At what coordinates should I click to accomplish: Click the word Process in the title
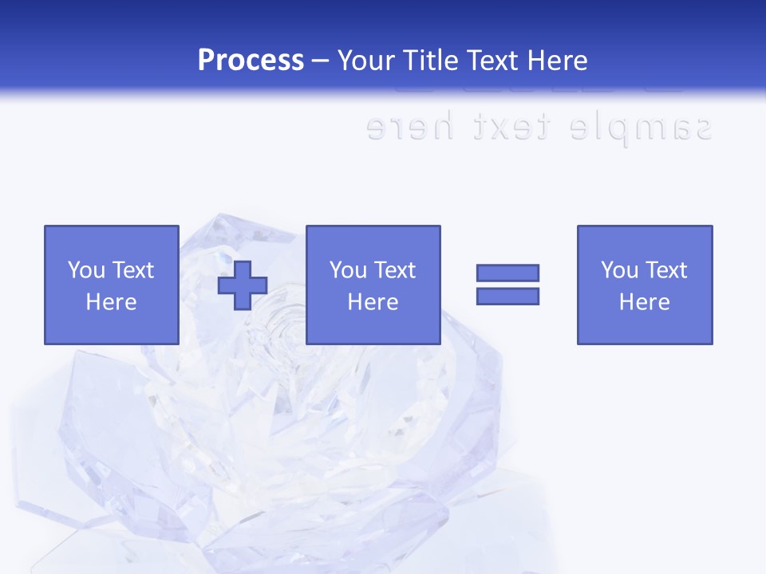(x=251, y=61)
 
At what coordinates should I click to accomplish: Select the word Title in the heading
(x=431, y=61)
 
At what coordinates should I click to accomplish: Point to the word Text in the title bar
(x=491, y=61)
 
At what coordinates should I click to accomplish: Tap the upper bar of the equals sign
(x=507, y=273)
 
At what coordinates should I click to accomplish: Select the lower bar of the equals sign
(x=507, y=296)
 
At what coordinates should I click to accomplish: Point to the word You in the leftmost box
(x=86, y=270)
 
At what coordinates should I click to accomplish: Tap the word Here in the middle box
(x=373, y=302)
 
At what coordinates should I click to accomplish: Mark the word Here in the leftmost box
(x=111, y=302)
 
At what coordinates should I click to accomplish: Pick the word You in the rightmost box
(x=619, y=270)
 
